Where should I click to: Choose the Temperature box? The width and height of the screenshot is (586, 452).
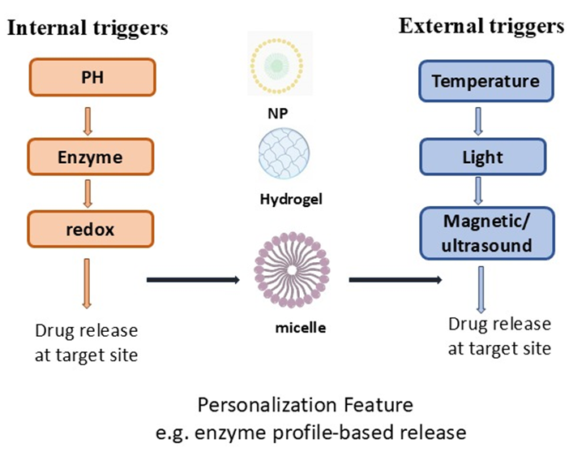485,81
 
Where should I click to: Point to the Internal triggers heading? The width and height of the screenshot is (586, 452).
87,28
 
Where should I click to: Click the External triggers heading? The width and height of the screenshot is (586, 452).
481,26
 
